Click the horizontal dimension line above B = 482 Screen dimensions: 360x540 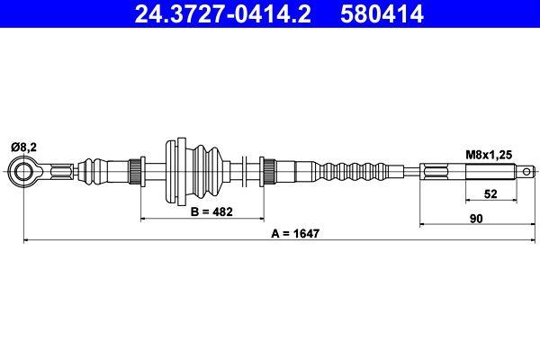pos(202,218)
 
